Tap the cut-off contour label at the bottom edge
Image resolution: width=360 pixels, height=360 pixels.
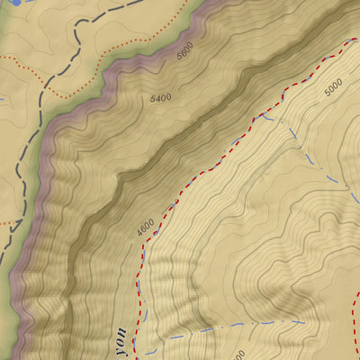pos(236,355)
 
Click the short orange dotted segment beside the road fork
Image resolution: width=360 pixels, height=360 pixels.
pos(9,220)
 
